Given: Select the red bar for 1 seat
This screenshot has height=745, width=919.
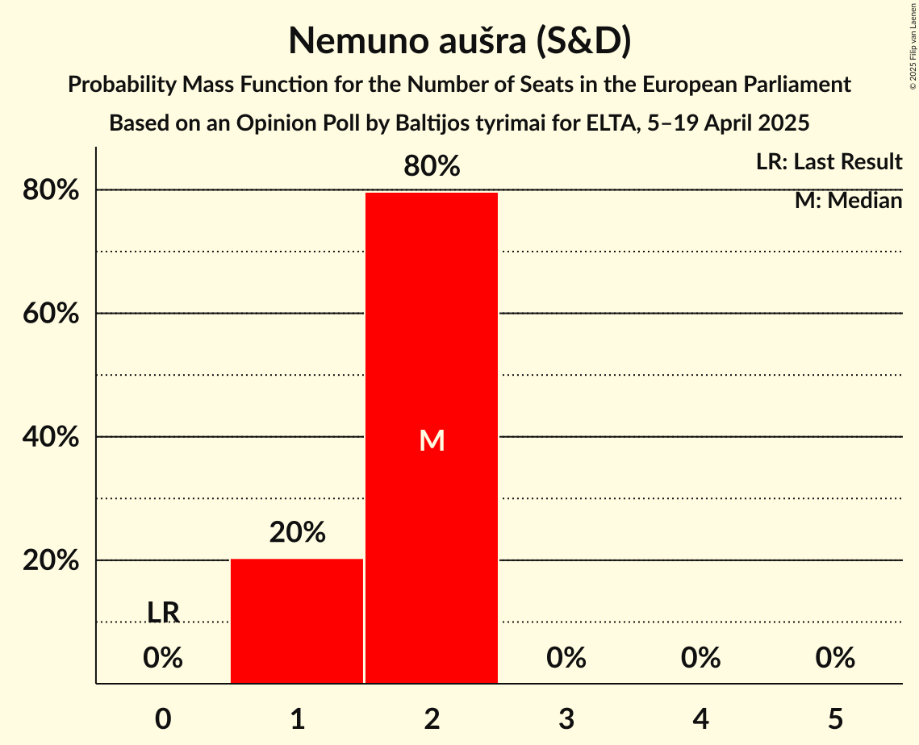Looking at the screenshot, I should tap(297, 621).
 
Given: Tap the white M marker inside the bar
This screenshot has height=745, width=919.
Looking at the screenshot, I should tap(432, 440).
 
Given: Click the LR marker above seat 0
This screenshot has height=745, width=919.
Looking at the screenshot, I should tap(163, 613).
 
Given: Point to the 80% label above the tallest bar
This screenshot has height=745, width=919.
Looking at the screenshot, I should tap(432, 167).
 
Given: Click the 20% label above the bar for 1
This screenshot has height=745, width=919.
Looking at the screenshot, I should tap(297, 532).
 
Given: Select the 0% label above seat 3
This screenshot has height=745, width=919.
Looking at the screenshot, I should tap(566, 658).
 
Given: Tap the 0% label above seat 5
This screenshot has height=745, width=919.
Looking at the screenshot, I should tap(834, 658).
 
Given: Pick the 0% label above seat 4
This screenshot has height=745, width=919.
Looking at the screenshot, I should tap(700, 658).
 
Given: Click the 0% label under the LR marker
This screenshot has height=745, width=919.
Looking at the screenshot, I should tap(163, 658).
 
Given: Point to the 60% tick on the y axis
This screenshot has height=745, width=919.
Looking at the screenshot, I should tap(51, 314).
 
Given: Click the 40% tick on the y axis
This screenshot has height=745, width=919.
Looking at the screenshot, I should tap(51, 437).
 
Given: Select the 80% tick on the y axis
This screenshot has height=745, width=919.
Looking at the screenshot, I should tap(51, 190).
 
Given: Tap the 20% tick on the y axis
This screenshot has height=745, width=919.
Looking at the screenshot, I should tap(51, 560).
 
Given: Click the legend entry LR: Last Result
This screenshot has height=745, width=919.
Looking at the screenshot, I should tap(829, 162).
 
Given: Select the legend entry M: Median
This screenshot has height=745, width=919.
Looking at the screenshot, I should tap(848, 200).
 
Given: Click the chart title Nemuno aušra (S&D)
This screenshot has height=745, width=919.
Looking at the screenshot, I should tap(459, 41).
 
